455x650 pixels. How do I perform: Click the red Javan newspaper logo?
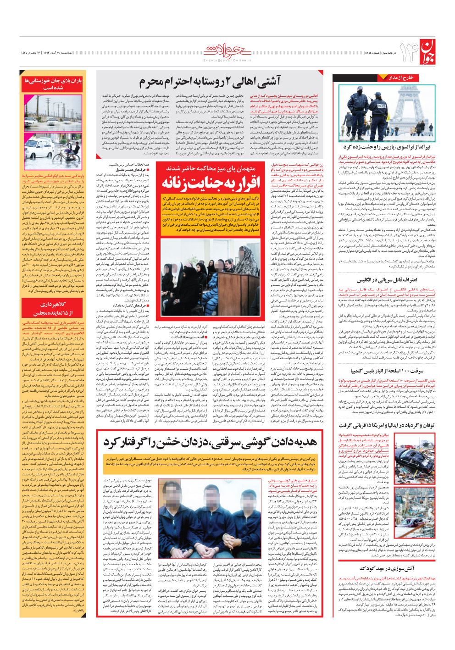click(x=426, y=52)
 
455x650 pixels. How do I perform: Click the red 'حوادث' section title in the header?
click(x=227, y=50)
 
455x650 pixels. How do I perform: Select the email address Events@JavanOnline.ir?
click(x=227, y=60)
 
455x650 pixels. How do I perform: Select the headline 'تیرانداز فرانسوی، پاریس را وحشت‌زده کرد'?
click(x=387, y=147)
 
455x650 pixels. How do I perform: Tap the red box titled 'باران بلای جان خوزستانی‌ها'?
click(x=53, y=84)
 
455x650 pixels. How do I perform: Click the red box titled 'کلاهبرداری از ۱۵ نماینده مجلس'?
click(x=53, y=308)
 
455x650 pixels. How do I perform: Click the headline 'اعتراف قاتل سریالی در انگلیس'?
click(x=387, y=279)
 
